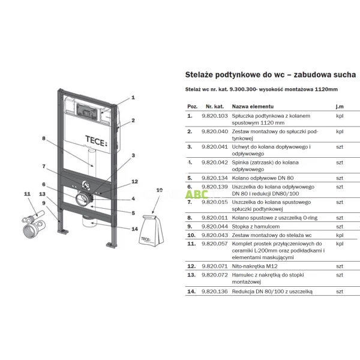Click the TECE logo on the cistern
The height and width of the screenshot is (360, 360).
click(x=98, y=143)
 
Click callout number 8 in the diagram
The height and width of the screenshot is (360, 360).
click(x=44, y=139)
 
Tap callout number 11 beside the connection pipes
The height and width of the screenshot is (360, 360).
click(x=26, y=194)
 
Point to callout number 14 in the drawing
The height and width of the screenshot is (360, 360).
click(x=134, y=229)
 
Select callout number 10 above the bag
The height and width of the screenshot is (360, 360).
click(x=158, y=190)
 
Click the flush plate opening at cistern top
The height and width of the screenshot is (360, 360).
click(x=85, y=111)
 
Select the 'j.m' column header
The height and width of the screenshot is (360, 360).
click(x=339, y=106)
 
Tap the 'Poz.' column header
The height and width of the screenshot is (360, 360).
click(x=192, y=106)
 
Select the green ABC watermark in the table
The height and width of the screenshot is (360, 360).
click(x=197, y=194)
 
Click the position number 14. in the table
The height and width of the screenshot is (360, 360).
click(x=191, y=290)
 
